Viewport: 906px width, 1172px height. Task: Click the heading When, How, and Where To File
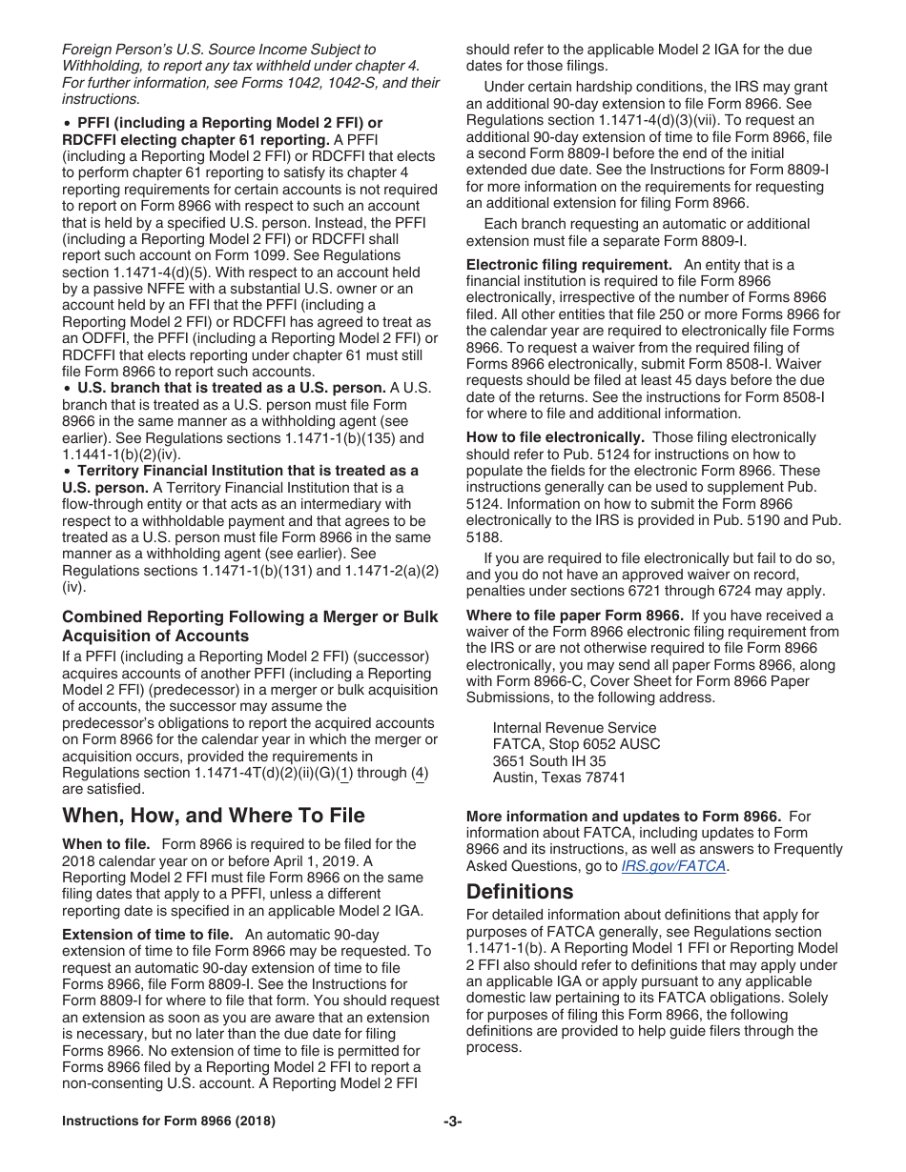point(213,816)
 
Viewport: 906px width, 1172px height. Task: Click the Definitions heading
point(520,892)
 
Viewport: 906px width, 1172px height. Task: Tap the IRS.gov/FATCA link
point(673,866)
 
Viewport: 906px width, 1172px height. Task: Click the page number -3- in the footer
point(453,1121)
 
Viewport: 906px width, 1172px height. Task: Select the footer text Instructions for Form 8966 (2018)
point(169,1121)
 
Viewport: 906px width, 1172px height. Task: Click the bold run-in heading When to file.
point(106,844)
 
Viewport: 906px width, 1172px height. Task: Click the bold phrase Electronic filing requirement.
point(568,265)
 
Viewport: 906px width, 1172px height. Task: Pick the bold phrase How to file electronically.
point(555,437)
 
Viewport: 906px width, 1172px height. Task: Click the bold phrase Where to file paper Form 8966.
point(574,616)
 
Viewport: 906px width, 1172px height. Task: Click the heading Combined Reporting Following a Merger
point(250,617)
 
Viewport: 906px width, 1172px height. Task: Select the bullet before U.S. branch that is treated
point(67,388)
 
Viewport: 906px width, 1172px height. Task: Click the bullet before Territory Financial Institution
point(67,471)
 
